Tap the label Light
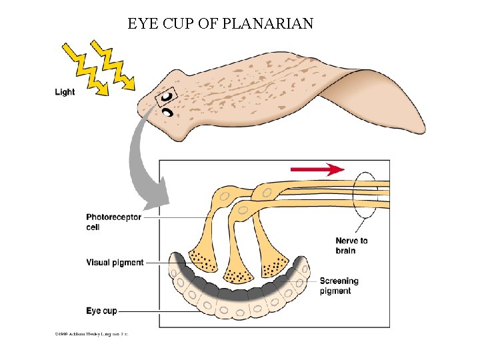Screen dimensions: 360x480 point(65,92)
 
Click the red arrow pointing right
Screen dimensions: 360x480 point(317,169)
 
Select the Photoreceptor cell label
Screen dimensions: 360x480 point(113,222)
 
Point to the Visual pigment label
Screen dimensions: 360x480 point(115,263)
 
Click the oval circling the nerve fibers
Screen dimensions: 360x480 point(365,193)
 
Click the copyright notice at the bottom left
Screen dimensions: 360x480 point(91,333)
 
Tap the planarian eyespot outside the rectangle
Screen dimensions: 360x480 point(168,113)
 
